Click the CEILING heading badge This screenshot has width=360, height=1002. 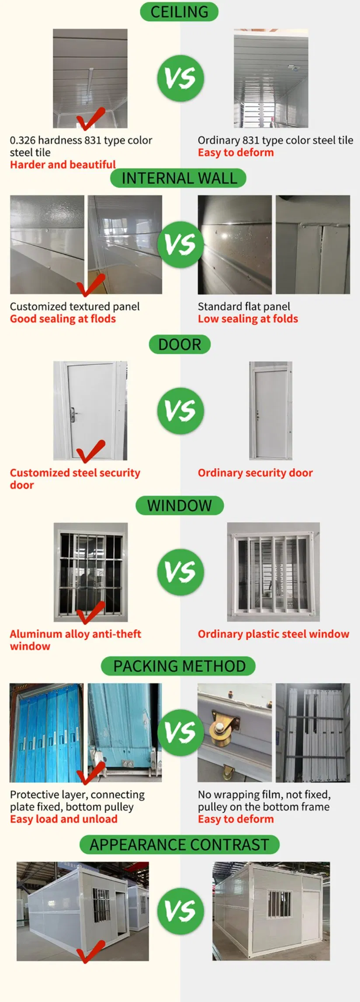pos(179,12)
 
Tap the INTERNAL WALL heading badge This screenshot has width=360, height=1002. pos(179,178)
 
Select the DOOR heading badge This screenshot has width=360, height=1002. pos(180,344)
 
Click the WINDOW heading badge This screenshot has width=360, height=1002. pos(180,506)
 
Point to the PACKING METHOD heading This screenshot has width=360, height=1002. pos(179,666)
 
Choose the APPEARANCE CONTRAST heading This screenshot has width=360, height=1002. pos(179,845)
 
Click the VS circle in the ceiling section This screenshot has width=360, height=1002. pos(180,79)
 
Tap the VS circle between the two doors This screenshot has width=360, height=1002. pos(180,410)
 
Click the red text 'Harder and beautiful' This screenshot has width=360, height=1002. pos(63,165)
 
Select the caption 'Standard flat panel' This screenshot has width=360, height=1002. pos(244,306)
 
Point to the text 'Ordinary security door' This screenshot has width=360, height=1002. pos(255,473)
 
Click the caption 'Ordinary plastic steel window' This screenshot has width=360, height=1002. pos(273,634)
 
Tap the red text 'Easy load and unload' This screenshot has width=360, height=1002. pos(64,819)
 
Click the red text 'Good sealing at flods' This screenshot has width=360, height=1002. pos(63,319)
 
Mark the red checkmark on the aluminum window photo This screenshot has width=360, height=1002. pos(90,613)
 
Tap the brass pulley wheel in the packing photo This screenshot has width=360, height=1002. pos(218,727)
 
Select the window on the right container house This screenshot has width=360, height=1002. pos(279,903)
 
